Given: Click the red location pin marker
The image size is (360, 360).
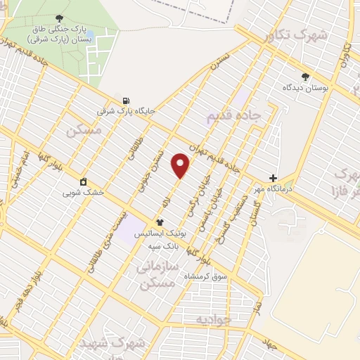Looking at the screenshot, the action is click(x=181, y=165).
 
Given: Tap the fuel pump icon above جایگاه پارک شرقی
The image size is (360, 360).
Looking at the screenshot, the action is click(x=126, y=101).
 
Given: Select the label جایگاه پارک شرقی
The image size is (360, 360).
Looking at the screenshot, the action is click(x=126, y=111).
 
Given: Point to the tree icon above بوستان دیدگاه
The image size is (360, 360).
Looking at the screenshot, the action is click(x=304, y=77).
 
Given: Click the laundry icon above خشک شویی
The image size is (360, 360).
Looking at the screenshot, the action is click(x=83, y=181).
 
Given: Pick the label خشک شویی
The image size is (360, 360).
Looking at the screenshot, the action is click(x=83, y=192).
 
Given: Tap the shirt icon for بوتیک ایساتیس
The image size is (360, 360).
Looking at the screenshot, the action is click(x=169, y=222).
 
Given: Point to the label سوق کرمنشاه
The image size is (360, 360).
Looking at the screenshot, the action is click(x=205, y=276).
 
